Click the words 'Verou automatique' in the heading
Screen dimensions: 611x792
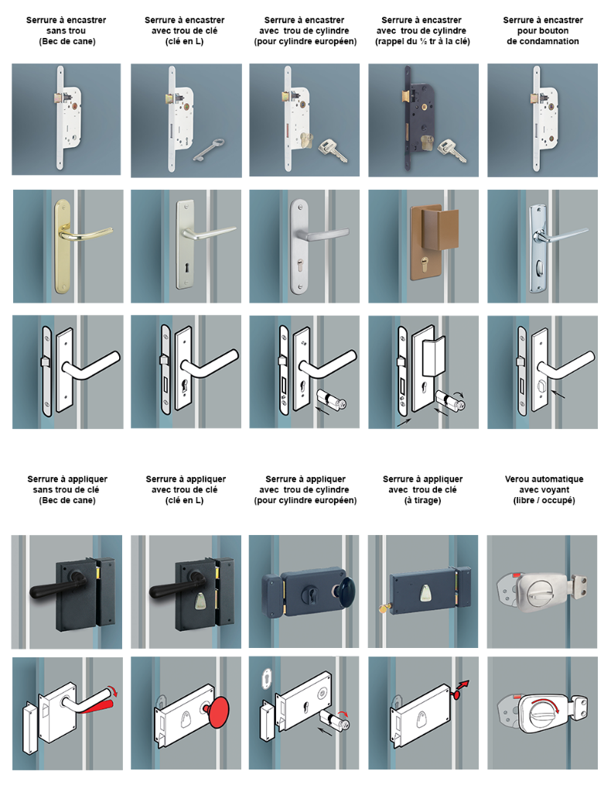point(544,478)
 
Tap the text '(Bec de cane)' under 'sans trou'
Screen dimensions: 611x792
point(67,41)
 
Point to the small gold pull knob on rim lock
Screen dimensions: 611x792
point(384,607)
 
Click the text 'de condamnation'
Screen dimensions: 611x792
point(542,41)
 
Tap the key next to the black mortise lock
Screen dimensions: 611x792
point(452,150)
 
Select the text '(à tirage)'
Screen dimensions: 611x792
point(422,501)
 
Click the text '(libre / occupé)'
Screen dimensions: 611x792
point(544,501)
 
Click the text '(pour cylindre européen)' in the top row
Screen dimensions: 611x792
point(305,41)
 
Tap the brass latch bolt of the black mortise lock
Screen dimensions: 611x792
point(404,98)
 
